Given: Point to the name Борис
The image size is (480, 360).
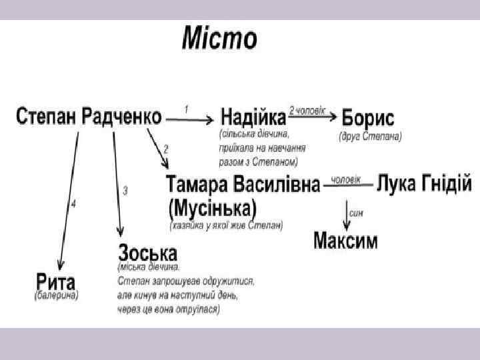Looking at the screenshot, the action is pos(367,119).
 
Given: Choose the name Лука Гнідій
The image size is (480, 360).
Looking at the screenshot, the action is pos(424,181).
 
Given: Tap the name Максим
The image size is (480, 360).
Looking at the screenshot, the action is pos(345,240).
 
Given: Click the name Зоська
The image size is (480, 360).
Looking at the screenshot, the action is pos(148,253).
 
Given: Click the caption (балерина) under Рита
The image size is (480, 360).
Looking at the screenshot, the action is pos(57,295).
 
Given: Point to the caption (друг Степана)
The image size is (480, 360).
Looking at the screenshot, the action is pos(370,137).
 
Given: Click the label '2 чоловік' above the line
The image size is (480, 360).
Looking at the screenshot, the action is pos(307,109).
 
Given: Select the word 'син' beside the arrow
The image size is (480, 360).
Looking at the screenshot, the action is pos(357,213).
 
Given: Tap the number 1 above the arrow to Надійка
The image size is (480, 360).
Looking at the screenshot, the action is pos(186,108).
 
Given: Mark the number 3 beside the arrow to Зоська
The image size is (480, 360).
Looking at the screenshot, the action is pos(125,191).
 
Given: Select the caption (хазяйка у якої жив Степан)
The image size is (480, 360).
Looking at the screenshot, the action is pos(226,225).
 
